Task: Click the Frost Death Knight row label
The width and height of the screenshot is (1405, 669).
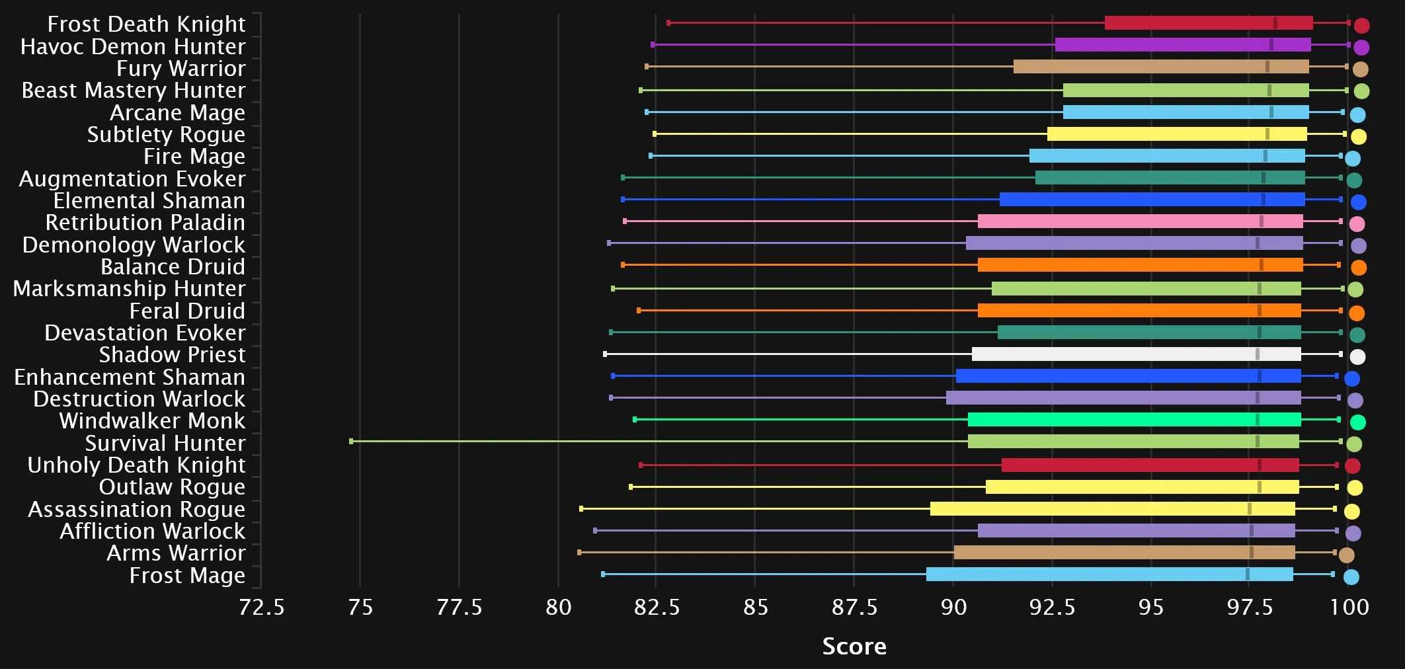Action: (146, 24)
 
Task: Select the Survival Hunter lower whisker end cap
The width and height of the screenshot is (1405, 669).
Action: (351, 442)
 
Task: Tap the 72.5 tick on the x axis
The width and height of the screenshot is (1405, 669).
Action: (261, 607)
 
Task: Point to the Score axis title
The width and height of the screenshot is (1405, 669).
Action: (854, 647)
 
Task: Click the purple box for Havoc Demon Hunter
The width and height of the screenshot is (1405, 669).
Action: (1183, 45)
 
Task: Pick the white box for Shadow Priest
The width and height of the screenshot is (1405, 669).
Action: (1136, 354)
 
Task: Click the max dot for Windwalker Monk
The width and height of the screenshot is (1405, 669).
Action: (1357, 422)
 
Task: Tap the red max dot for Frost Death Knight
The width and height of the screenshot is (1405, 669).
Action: (1361, 26)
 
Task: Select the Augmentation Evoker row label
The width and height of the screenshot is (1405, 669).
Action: (132, 179)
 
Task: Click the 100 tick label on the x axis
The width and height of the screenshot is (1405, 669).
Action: (1349, 607)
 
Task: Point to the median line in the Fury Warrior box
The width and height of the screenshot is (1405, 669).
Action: (1267, 67)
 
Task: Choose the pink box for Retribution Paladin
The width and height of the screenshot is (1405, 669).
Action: (1140, 221)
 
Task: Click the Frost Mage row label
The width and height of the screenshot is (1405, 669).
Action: (187, 576)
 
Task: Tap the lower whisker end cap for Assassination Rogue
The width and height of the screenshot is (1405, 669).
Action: (581, 509)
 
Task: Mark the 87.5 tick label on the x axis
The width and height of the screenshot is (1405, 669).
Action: (854, 607)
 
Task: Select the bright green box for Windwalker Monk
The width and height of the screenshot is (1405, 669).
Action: (1134, 420)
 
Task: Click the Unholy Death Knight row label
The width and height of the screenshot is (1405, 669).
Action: (136, 465)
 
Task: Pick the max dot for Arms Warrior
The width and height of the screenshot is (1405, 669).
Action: (1346, 555)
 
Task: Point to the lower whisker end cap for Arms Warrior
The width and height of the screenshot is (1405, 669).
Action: (579, 553)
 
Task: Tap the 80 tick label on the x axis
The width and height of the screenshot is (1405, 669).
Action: (558, 607)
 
